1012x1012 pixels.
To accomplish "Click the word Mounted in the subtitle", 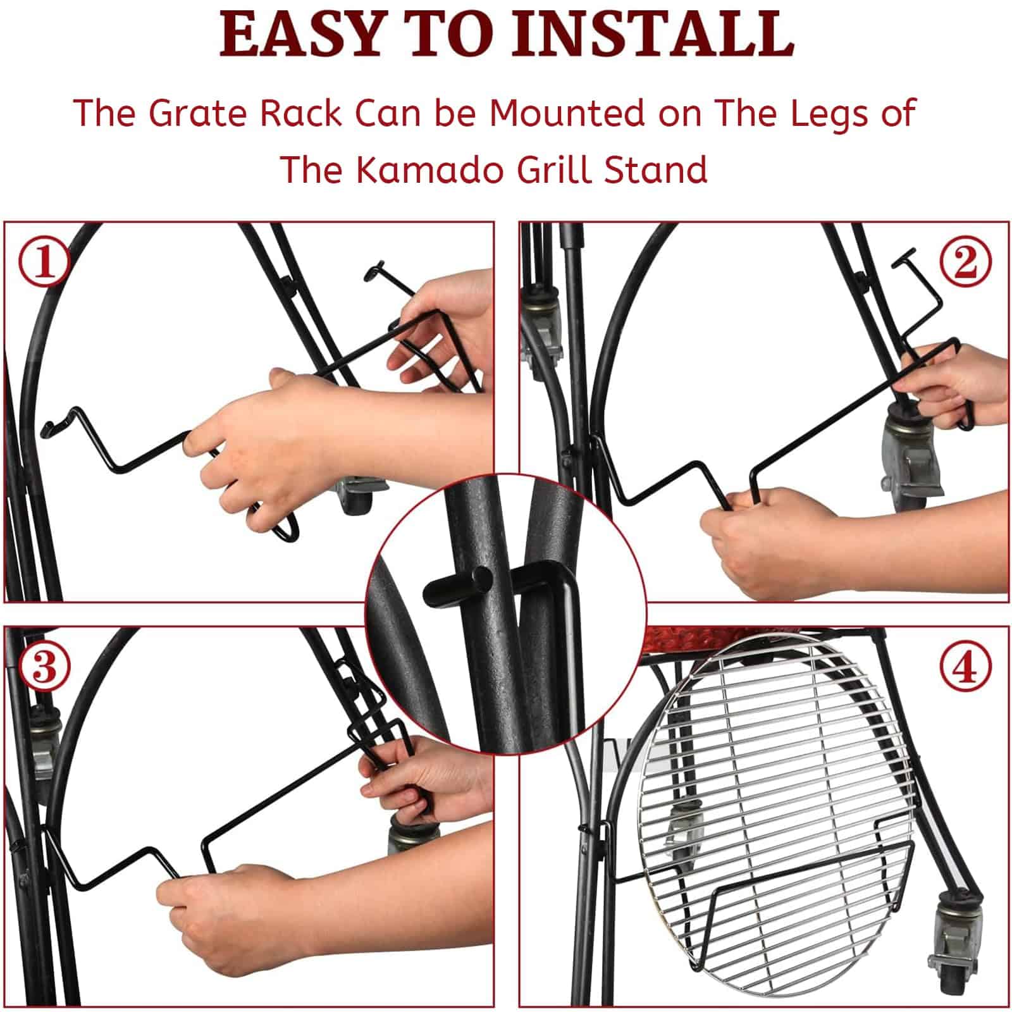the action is point(566,113).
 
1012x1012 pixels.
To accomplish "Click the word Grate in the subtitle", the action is point(199,113).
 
